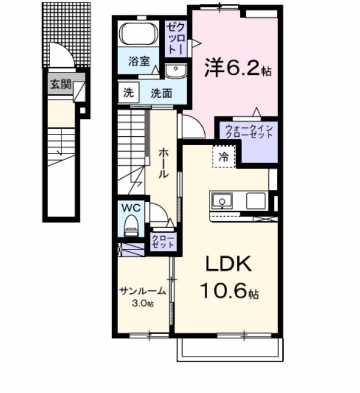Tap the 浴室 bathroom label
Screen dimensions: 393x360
(139, 60)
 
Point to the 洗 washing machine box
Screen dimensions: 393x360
(128, 92)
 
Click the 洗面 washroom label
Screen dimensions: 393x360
(160, 93)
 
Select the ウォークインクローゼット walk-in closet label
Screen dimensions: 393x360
(247, 130)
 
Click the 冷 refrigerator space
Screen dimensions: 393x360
(223, 157)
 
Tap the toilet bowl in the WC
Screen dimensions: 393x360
(131, 225)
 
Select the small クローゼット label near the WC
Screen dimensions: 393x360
(163, 241)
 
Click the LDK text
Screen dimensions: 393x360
(228, 264)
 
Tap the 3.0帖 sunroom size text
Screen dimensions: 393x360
(142, 304)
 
